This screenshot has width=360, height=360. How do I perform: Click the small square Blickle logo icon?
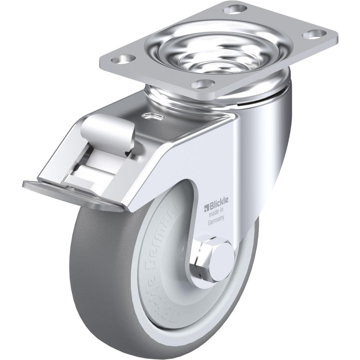coord(207,207)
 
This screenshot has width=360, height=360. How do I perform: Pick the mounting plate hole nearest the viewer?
coord(201,85)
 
